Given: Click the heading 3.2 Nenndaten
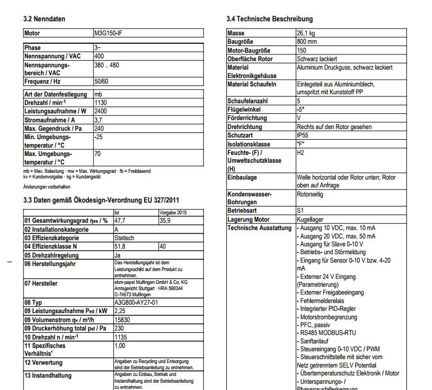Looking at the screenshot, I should click(44, 19).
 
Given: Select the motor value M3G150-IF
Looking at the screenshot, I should click(108, 34).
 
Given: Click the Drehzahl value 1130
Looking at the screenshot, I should click(101, 103).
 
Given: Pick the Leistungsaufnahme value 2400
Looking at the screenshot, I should click(101, 111).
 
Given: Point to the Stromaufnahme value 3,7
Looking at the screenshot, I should click(98, 120).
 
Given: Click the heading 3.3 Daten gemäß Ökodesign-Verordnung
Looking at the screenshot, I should click(101, 200).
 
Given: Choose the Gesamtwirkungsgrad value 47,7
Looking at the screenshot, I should click(120, 221).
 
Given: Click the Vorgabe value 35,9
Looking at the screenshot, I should click(165, 221).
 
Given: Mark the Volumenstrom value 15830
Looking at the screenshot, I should click(122, 319).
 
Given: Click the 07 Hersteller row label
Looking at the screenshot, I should click(41, 283).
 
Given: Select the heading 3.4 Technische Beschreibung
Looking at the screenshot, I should click(270, 19).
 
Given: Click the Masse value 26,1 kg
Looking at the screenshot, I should click(305, 34).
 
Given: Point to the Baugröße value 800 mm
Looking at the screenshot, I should click(306, 42).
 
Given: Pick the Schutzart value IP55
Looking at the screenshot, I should click(303, 135).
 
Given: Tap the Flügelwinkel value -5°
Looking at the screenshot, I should click(300, 110).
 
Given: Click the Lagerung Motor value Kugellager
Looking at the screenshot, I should click(310, 219).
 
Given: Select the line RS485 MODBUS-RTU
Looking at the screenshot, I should click(329, 332).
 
